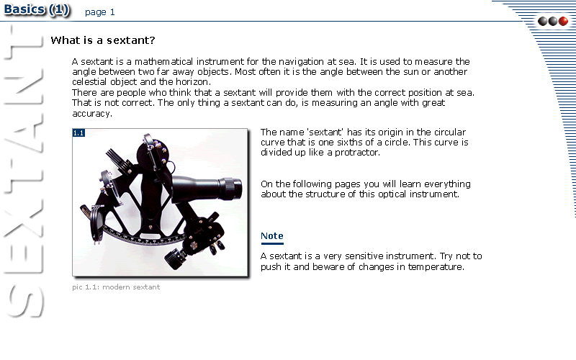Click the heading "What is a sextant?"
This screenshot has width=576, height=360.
tap(103, 40)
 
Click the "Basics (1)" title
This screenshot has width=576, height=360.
tap(37, 9)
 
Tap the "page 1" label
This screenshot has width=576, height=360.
tap(100, 12)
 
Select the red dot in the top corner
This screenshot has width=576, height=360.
tap(563, 22)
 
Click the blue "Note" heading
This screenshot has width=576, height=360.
tap(272, 236)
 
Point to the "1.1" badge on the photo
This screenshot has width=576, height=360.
tap(78, 132)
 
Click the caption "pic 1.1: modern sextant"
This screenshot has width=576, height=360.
tap(116, 287)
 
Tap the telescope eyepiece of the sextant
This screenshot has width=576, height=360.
tap(230, 188)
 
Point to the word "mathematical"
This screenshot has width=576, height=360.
tap(163, 61)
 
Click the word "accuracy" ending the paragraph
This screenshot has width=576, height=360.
tap(91, 114)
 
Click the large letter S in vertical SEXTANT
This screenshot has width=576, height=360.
tap(24, 301)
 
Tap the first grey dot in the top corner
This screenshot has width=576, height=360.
tap(543, 22)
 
